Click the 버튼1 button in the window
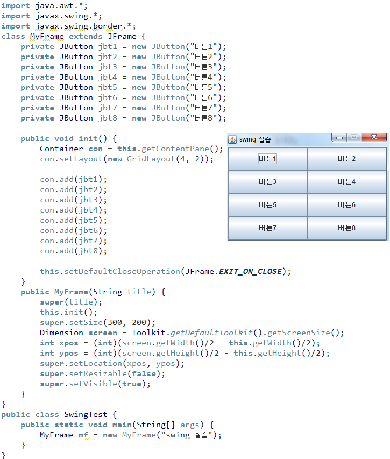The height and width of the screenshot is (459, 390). tap(267, 159)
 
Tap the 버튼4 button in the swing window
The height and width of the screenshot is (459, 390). tap(346, 182)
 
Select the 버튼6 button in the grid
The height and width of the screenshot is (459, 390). tap(346, 205)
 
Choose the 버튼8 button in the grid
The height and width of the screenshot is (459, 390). tap(346, 228)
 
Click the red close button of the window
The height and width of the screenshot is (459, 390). tap(374, 138)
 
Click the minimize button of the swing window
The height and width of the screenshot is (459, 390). tap(339, 138)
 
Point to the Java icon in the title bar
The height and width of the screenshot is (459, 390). tap(232, 139)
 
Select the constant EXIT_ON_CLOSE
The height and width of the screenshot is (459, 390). tap(250, 272)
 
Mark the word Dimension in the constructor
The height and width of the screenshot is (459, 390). tap(61, 333)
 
